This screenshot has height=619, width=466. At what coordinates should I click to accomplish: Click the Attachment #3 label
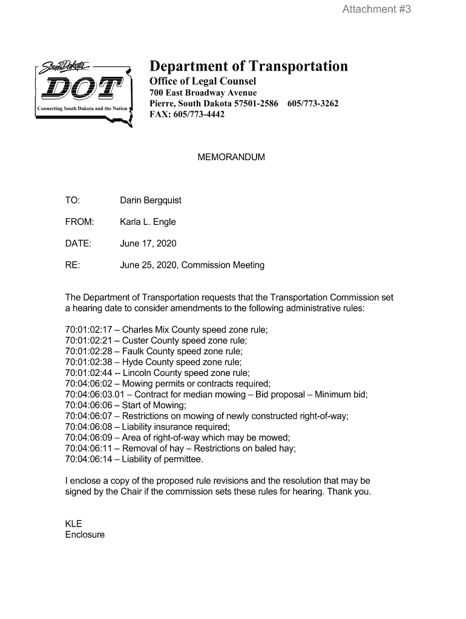point(376,9)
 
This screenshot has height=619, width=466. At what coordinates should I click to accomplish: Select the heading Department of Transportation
point(249,66)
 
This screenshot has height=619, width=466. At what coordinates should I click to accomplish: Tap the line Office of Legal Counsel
point(203,81)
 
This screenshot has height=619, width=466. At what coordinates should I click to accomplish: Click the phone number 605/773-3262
point(313,103)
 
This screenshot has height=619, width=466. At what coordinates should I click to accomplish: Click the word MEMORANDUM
point(231,157)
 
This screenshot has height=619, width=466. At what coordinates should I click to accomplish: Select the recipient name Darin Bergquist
point(151,200)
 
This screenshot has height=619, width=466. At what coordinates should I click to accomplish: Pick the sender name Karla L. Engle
point(148,222)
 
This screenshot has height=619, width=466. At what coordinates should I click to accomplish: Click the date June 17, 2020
point(148,244)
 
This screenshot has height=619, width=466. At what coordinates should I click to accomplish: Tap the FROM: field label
point(79,222)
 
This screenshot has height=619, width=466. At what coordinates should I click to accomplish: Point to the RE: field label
point(73,265)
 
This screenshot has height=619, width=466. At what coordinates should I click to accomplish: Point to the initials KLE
point(73,524)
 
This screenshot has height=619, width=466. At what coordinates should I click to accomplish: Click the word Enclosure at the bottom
point(85,535)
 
